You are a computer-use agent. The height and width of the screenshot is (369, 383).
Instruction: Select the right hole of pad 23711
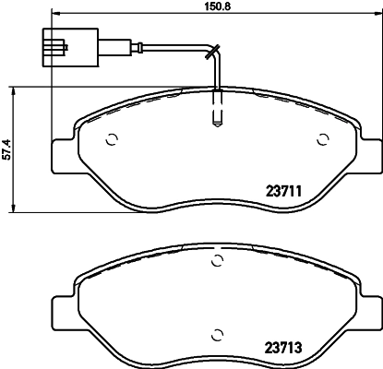(x=323, y=141)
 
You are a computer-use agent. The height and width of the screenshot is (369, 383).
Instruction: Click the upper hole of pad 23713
(x=217, y=262)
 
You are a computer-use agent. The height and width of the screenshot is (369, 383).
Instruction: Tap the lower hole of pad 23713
(x=217, y=334)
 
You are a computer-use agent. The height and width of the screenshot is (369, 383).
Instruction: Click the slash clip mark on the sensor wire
(x=212, y=50)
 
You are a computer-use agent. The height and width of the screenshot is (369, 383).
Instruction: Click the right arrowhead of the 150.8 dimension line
(x=377, y=16)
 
